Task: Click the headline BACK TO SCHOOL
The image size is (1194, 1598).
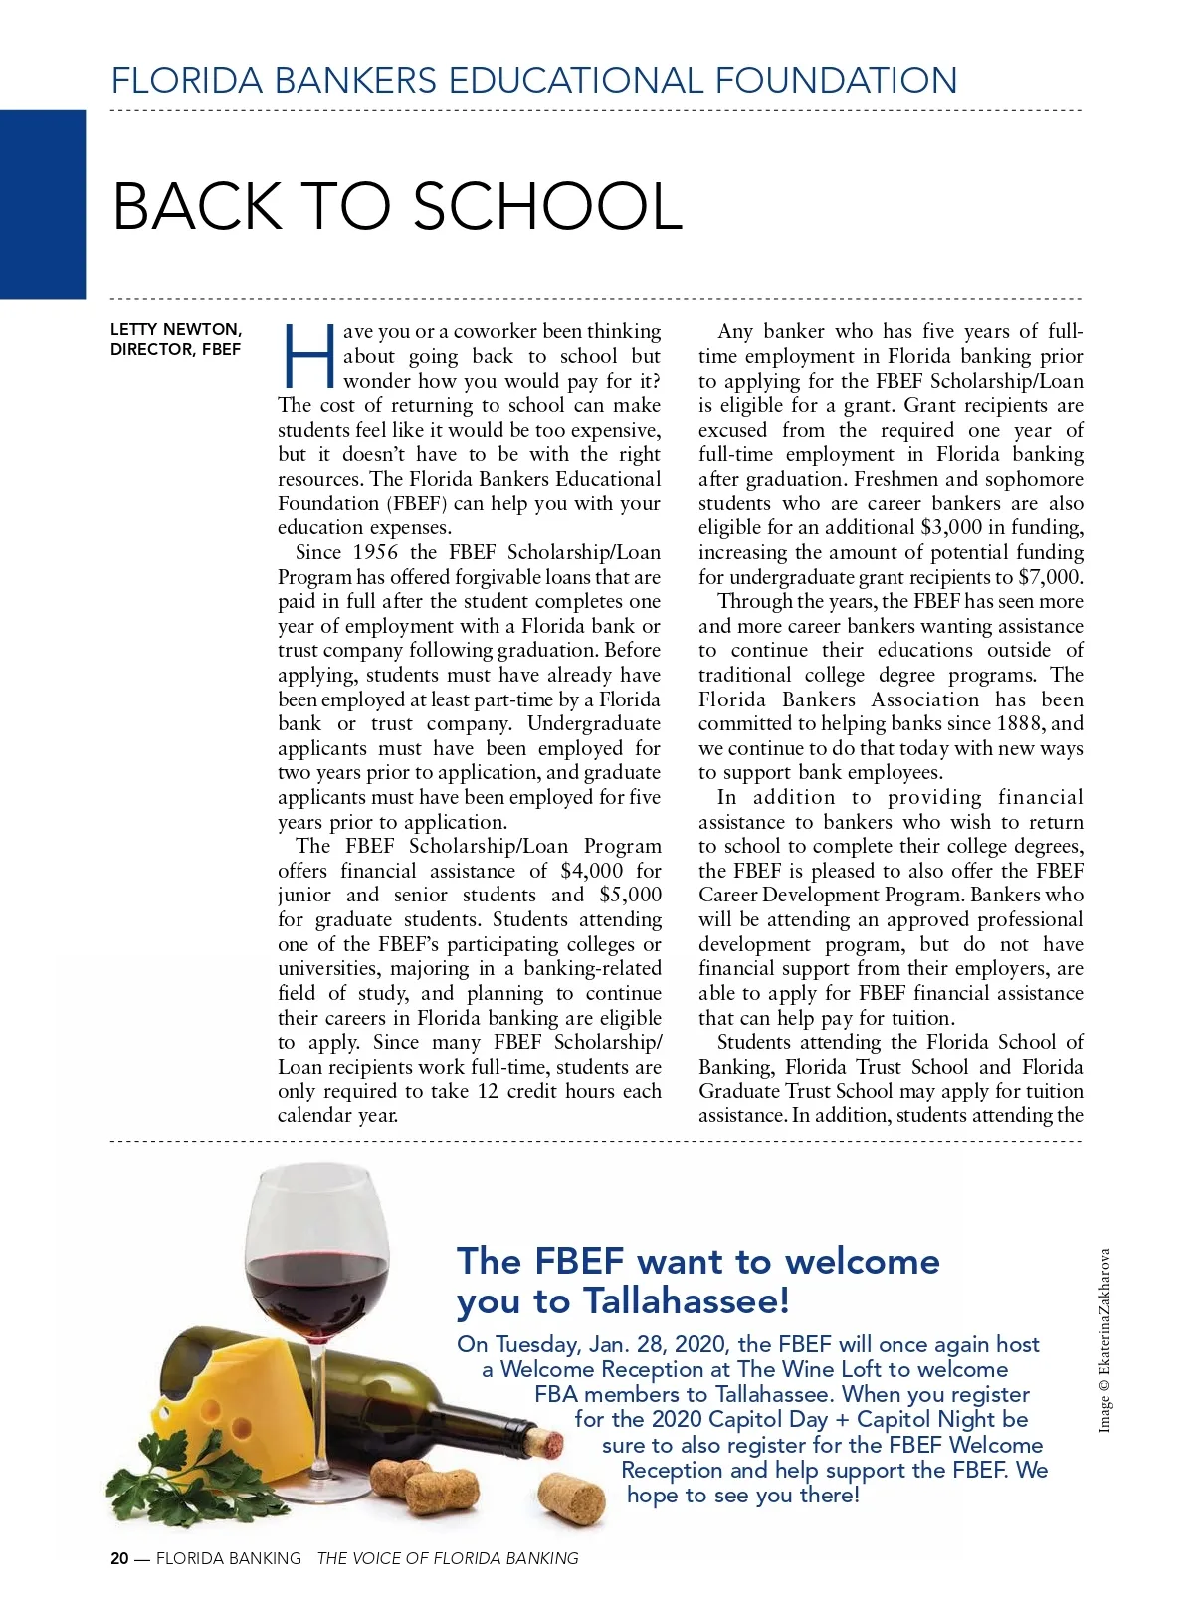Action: coord(397,206)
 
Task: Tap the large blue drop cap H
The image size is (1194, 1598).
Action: coord(309,356)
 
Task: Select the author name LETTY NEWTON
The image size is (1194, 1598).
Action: coord(175,329)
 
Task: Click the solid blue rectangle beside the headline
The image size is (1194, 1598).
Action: coord(43,204)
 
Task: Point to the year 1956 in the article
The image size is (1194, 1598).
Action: coord(375,553)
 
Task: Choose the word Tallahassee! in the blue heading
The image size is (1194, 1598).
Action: coord(687,1301)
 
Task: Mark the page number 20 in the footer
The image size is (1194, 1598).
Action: coord(119,1559)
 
